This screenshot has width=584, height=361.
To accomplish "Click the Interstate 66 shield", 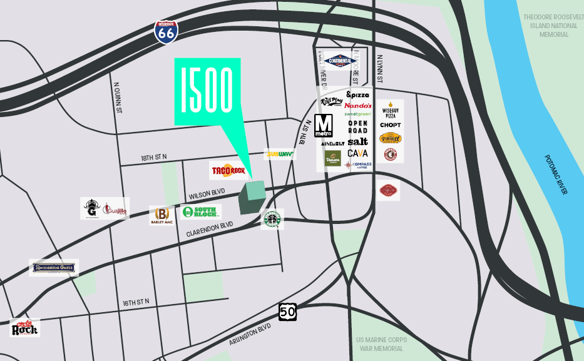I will click(x=166, y=31).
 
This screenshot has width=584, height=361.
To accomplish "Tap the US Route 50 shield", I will click(x=287, y=312).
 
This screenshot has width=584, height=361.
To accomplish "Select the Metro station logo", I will click(x=323, y=126).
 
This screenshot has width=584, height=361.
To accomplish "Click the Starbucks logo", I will click(x=272, y=219).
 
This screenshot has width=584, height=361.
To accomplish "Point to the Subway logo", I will click(x=280, y=154).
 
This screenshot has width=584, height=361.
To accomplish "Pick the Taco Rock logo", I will click(x=228, y=170).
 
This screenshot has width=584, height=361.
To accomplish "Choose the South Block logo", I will click(x=201, y=211).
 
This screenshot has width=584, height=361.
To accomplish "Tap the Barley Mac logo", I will click(x=161, y=215).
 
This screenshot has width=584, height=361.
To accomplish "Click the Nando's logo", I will click(x=358, y=105).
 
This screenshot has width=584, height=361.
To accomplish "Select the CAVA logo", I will click(x=357, y=153).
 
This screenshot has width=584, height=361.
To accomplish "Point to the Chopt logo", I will click(x=390, y=125).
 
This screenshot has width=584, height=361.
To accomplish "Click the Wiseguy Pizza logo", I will click(x=390, y=111).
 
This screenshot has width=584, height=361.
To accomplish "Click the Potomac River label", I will click(x=555, y=175).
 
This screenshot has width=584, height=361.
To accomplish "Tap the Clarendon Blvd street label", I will click(x=209, y=229).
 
